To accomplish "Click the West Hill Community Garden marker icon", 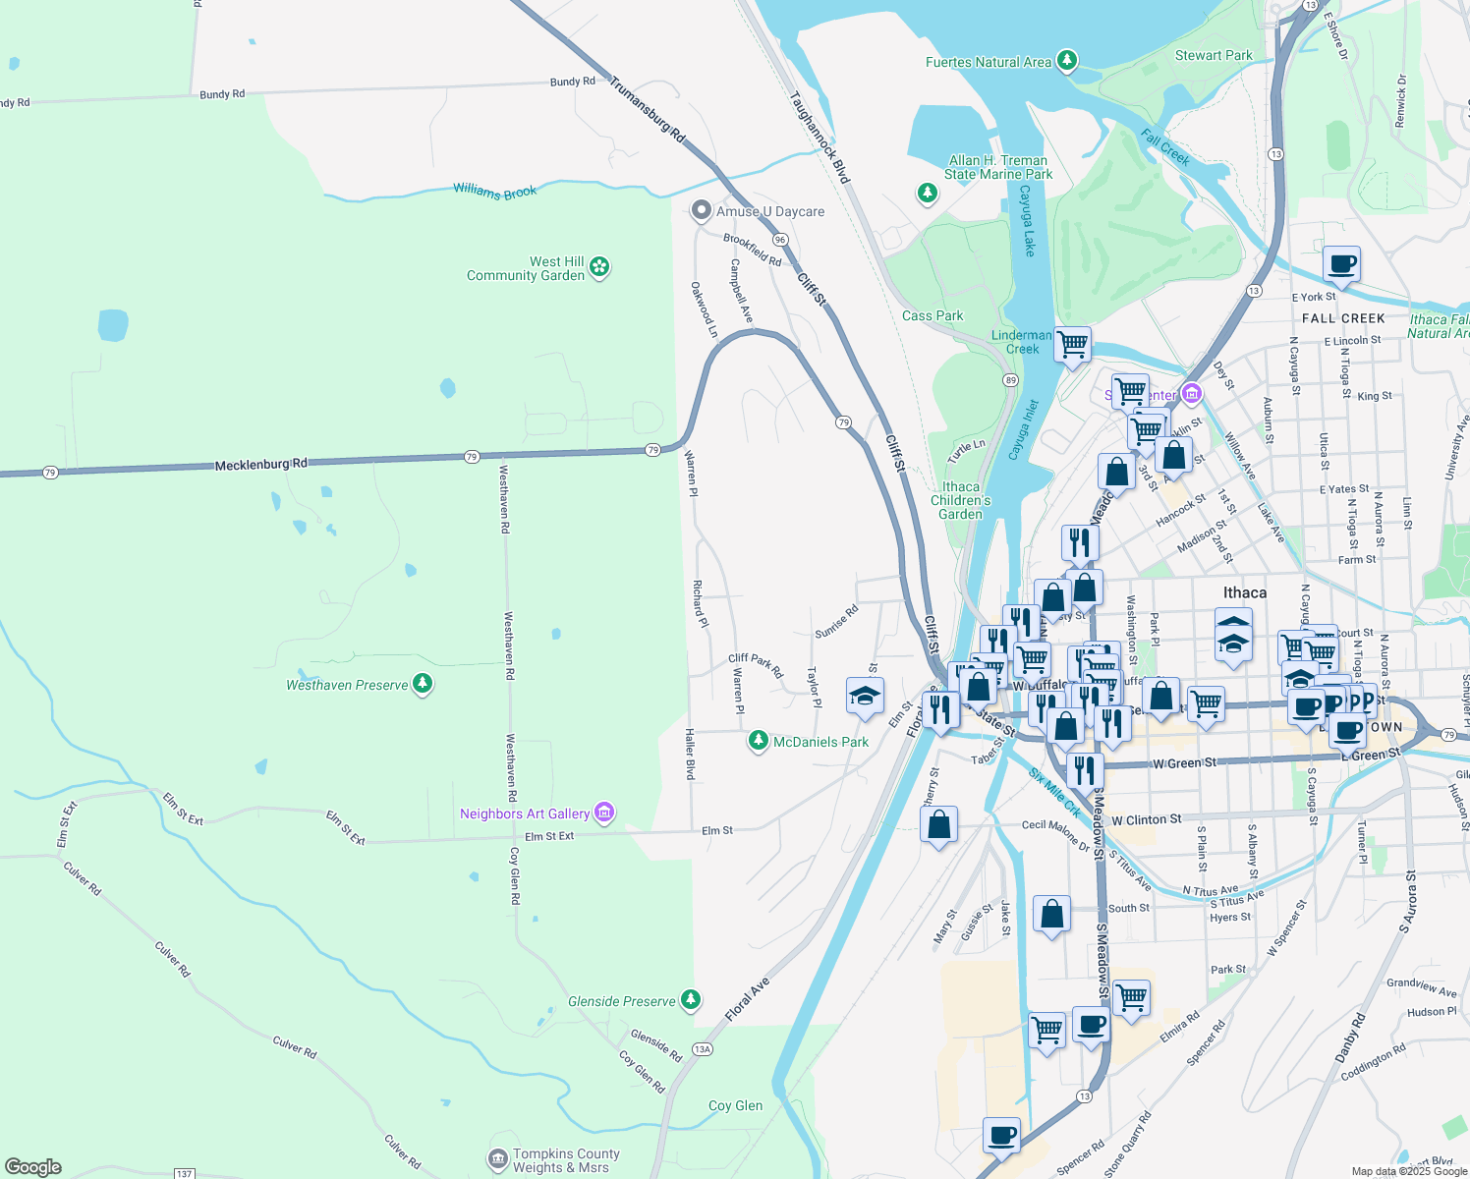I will pyautogui.click(x=599, y=266).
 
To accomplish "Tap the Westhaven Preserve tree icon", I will pyautogui.click(x=423, y=683).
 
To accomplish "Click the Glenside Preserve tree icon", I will pyautogui.click(x=691, y=999).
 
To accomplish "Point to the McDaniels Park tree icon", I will pyautogui.click(x=758, y=740).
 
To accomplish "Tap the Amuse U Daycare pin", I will pyautogui.click(x=701, y=210).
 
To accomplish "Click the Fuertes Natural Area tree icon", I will pyautogui.click(x=1067, y=61).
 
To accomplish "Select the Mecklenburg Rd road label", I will pyautogui.click(x=260, y=464).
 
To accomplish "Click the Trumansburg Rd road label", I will pyautogui.click(x=647, y=110).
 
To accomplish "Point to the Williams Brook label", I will pyautogui.click(x=494, y=192).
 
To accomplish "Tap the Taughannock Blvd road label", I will pyautogui.click(x=820, y=138).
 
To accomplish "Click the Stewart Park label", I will pyautogui.click(x=1214, y=56).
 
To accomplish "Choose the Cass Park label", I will pyautogui.click(x=933, y=315).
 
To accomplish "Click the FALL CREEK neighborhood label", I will pyautogui.click(x=1343, y=318).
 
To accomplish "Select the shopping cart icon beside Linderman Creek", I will pyautogui.click(x=1073, y=345).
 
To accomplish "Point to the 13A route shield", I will pyautogui.click(x=702, y=1049).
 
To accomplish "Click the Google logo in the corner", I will pyautogui.click(x=33, y=1166).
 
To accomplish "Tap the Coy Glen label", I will pyautogui.click(x=735, y=1105).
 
